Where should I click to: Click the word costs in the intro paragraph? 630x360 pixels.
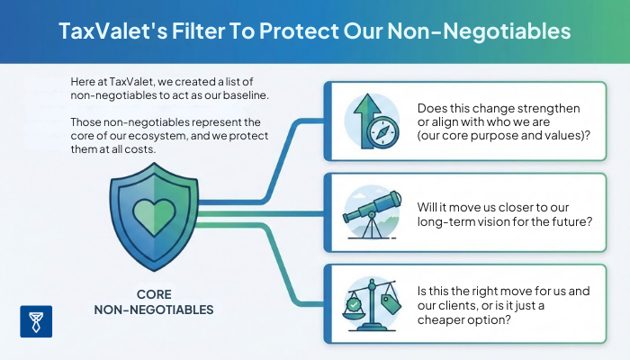160,150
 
